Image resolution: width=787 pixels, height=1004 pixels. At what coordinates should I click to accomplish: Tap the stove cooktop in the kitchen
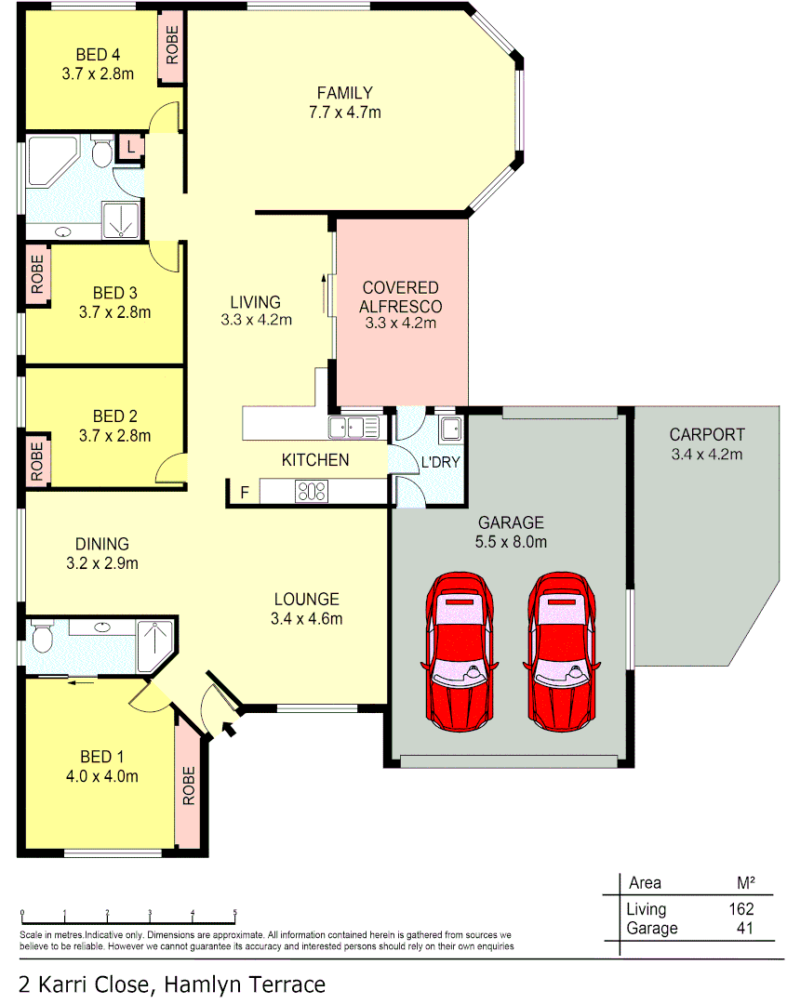tap(312, 491)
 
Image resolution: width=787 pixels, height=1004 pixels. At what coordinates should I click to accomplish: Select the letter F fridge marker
tap(245, 493)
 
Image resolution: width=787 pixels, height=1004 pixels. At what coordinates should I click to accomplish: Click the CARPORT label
tap(707, 434)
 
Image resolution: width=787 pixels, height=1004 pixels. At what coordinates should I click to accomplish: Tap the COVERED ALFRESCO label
tap(400, 297)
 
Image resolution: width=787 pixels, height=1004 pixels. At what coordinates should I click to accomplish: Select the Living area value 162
tap(740, 909)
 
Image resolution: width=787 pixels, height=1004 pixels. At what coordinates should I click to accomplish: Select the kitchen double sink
tap(353, 428)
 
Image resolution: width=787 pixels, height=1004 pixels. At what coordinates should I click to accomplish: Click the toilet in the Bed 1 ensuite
tap(42, 638)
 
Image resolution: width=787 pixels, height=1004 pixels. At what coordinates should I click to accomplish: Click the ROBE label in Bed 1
tap(189, 786)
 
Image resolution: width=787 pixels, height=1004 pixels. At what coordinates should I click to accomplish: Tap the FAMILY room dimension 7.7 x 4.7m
tap(344, 112)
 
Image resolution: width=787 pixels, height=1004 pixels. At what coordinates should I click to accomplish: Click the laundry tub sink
tap(450, 429)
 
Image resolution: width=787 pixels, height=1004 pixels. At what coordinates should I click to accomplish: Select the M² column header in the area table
tap(745, 882)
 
